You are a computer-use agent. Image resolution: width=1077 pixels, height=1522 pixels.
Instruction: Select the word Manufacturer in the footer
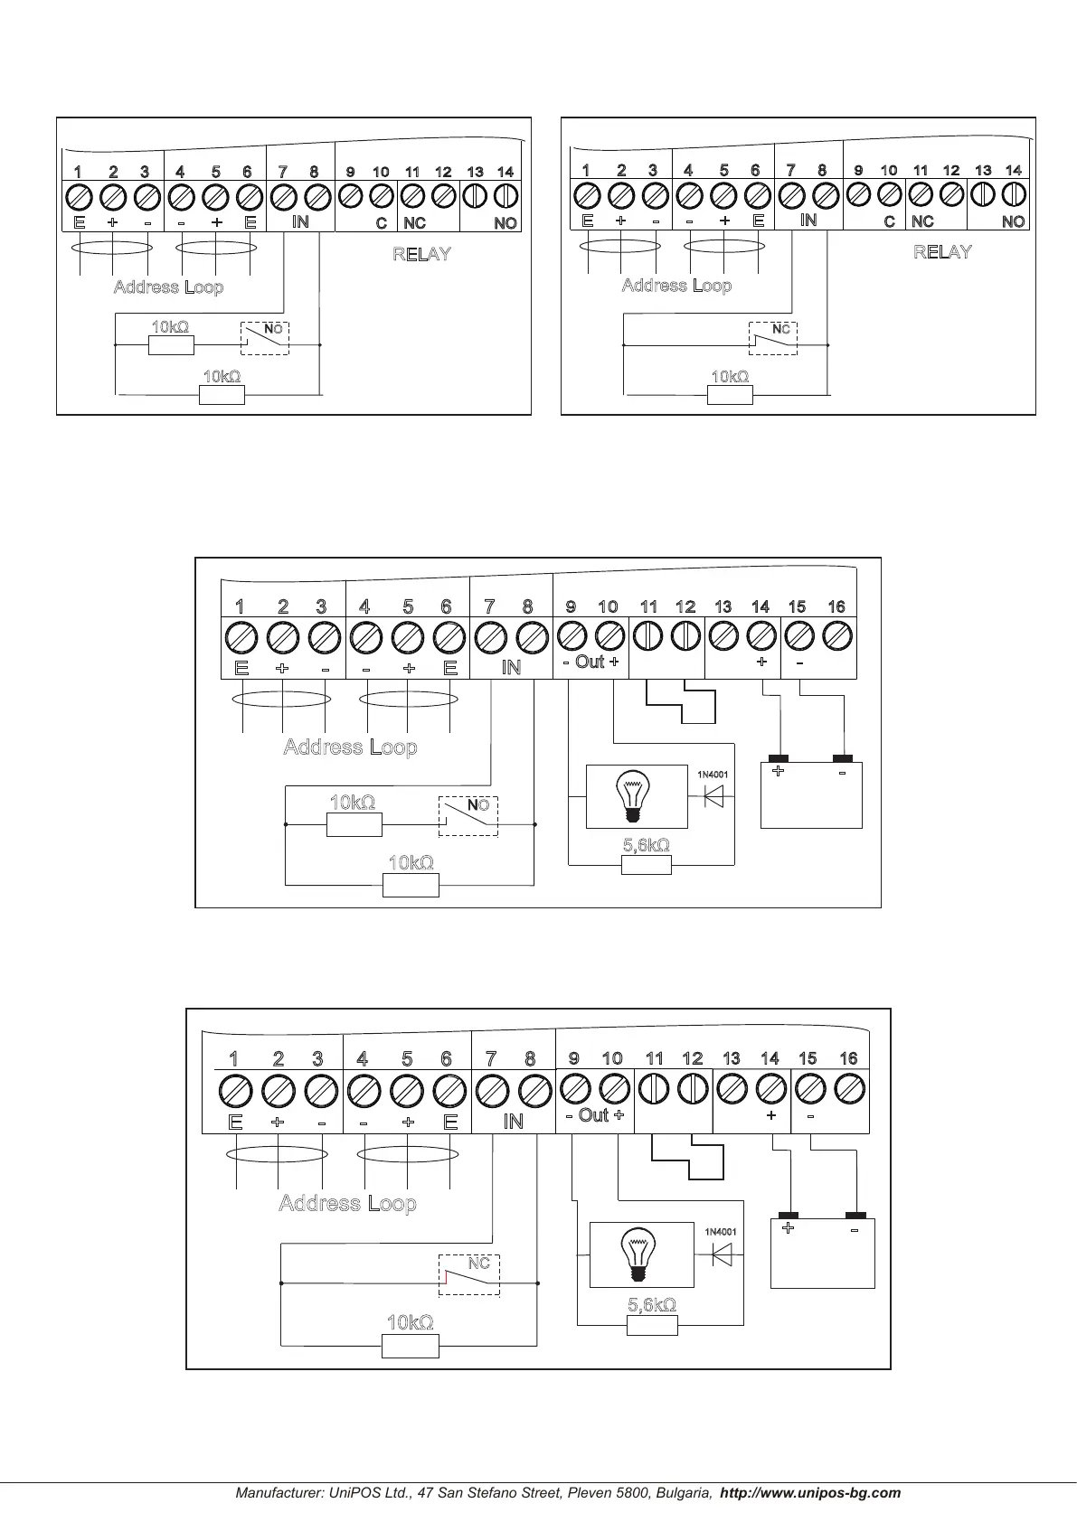(x=276, y=1493)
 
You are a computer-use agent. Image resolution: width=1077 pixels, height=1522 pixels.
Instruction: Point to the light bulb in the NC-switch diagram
(x=640, y=1255)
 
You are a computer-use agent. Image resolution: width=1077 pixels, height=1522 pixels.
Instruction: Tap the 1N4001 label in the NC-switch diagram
(x=721, y=1231)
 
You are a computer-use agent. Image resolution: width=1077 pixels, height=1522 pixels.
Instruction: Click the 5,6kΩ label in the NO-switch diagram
(x=646, y=845)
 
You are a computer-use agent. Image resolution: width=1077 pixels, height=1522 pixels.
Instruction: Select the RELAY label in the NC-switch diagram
(x=942, y=252)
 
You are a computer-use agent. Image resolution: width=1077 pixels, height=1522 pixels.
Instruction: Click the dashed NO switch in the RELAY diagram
(x=265, y=338)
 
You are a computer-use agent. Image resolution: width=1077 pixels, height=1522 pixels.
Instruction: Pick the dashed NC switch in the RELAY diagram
(x=773, y=338)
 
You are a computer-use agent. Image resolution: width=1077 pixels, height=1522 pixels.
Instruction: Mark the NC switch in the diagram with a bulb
(x=468, y=1275)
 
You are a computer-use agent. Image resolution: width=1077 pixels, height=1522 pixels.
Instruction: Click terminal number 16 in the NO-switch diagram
(x=836, y=606)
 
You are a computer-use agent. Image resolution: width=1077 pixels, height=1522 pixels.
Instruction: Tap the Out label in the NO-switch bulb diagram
(x=590, y=662)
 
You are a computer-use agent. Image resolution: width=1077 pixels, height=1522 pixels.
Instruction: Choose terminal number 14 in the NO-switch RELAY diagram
(x=505, y=172)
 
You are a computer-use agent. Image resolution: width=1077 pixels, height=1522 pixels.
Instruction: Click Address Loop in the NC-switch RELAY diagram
(x=676, y=286)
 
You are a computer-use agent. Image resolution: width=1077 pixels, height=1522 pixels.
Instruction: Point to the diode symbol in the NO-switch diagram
(x=713, y=797)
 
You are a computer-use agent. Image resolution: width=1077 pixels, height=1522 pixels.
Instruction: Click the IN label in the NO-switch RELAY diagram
(x=300, y=221)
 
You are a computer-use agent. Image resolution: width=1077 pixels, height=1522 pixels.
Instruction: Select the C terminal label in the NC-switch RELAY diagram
(x=890, y=221)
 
